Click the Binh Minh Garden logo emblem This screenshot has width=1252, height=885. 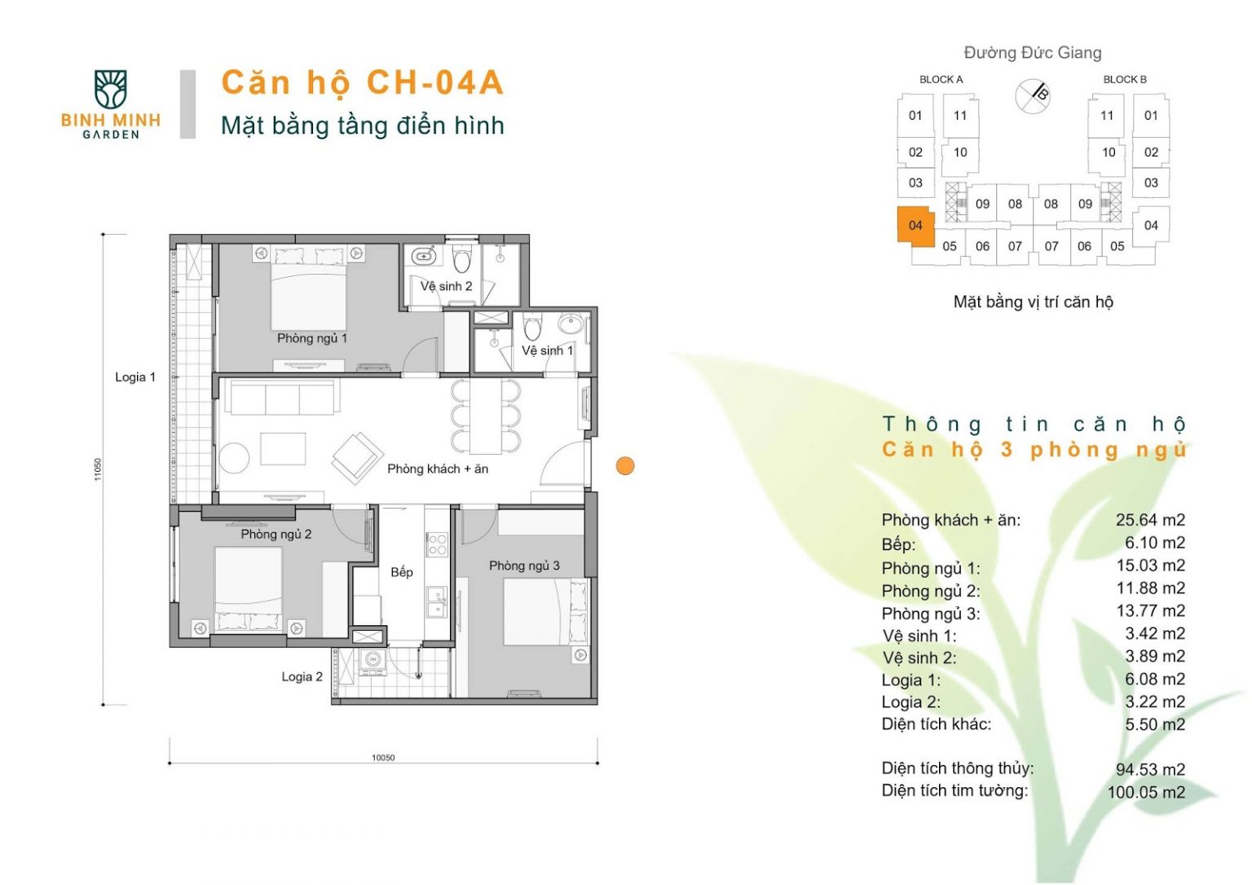110,89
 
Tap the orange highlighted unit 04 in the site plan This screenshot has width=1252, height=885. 915,226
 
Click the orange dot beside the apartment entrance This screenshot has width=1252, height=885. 625,465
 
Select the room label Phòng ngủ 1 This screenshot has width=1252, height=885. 312,338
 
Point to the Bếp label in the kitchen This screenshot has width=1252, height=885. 401,572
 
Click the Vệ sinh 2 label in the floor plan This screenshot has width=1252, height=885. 446,286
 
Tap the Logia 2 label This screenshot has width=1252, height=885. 302,676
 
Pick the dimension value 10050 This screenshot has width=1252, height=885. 383,758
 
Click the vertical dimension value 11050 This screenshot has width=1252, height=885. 98,469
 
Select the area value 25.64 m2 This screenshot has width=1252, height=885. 1150,520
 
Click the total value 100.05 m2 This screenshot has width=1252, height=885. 1146,792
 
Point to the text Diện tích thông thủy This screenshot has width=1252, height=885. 958,768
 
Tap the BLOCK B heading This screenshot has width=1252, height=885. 1125,79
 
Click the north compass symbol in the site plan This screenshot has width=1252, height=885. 1033,96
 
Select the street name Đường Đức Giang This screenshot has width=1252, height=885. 1033,52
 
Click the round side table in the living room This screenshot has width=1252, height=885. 234,458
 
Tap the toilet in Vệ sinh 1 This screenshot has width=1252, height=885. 532,326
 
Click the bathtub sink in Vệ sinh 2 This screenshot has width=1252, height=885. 424,256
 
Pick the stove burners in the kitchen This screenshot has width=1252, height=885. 437,544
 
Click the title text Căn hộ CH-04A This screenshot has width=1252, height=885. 363,82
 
